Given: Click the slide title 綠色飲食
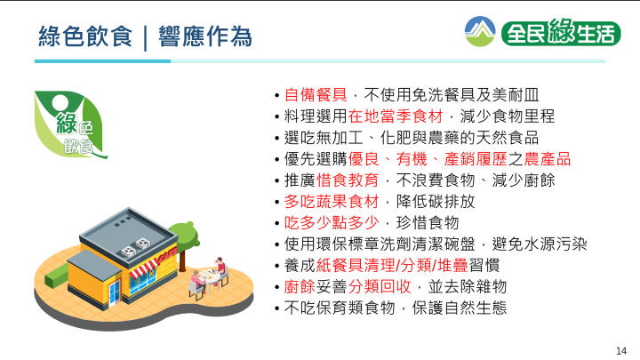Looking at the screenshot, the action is (x=85, y=36).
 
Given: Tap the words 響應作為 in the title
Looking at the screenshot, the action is (x=205, y=36).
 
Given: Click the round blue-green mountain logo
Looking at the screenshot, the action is (x=480, y=31).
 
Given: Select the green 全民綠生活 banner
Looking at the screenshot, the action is (x=561, y=32).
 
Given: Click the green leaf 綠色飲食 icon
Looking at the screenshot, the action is (x=70, y=124).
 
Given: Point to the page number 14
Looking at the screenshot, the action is (x=620, y=351).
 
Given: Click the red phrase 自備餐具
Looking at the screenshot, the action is (x=316, y=95).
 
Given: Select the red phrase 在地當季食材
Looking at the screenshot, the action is (x=395, y=116).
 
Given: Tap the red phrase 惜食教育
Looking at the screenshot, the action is (x=348, y=180).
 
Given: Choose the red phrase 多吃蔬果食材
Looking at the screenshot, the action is (x=332, y=202).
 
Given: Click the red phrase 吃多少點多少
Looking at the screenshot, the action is (x=332, y=223).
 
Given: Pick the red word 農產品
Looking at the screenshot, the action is (x=547, y=159).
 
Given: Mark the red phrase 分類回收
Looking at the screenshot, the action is (x=380, y=286).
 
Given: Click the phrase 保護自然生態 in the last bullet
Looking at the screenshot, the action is (x=460, y=308).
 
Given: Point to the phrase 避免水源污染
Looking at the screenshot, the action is (x=540, y=244).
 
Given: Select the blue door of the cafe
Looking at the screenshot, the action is (x=115, y=292).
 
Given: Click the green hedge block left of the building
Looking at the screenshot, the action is (x=55, y=276).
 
